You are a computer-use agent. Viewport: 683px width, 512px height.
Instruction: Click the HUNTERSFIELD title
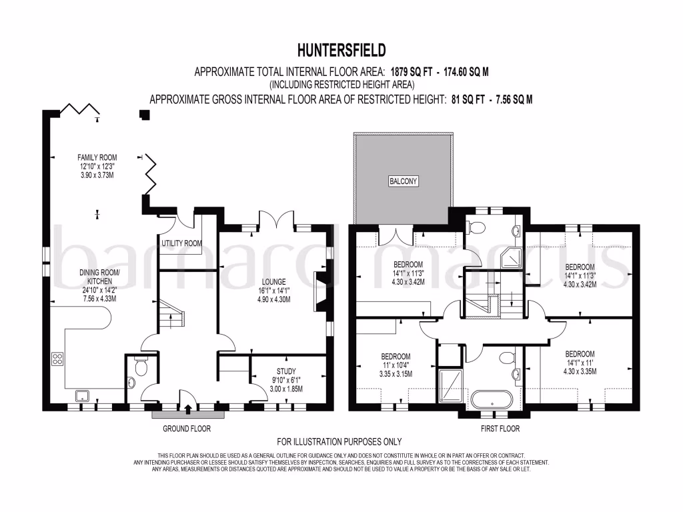tap(341, 50)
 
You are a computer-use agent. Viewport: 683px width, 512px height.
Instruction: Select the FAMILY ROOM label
tap(97, 158)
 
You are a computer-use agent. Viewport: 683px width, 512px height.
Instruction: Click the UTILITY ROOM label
tap(181, 244)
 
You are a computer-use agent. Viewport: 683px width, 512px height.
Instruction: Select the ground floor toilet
tap(141, 367)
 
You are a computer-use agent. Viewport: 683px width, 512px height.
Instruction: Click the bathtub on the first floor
tap(492, 400)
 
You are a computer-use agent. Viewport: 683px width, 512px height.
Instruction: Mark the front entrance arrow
tap(187, 409)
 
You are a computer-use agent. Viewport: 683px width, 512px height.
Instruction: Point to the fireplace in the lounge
tap(321, 292)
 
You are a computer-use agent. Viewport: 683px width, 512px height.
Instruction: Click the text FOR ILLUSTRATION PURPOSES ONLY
tap(339, 442)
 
